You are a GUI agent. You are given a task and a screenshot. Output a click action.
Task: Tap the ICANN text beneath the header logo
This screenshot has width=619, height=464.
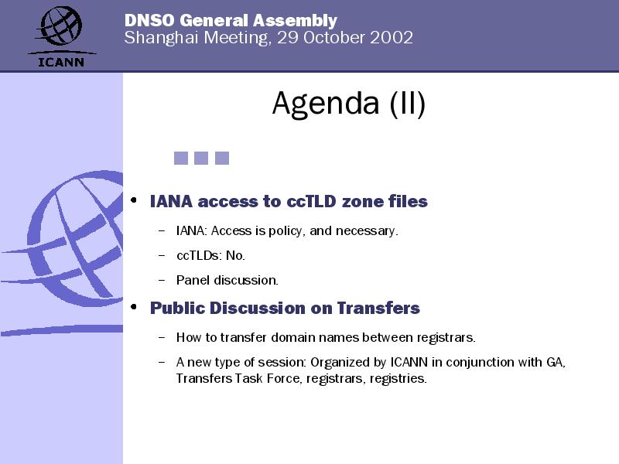tap(61, 63)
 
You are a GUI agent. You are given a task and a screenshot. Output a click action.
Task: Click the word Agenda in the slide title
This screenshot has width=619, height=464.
tap(326, 104)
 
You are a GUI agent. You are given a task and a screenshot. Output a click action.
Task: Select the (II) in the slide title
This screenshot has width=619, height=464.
tap(408, 104)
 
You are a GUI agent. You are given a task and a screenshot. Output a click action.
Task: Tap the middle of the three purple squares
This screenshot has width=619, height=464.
tap(201, 159)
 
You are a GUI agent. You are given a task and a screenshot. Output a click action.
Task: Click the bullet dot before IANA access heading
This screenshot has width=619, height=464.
tap(134, 200)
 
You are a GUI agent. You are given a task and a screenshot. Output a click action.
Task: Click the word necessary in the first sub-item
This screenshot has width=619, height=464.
tap(367, 231)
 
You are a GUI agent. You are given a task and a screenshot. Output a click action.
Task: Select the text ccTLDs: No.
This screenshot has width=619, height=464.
tap(210, 256)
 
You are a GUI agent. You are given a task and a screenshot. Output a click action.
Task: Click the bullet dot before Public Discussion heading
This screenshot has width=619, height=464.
tap(134, 306)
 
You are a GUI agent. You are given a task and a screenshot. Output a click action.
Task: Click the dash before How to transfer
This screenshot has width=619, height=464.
tap(161, 338)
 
